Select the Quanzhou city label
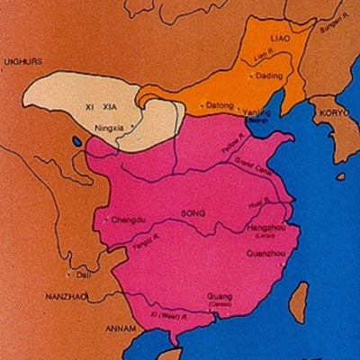(x=264, y=255)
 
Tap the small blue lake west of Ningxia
(x=76, y=141)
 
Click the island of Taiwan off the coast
(x=298, y=303)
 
